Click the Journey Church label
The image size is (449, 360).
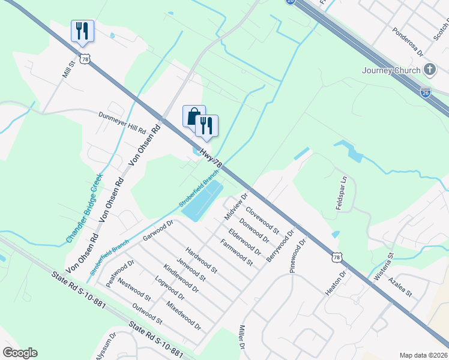click(391, 70)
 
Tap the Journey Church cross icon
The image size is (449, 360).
click(429, 70)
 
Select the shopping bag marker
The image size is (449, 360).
click(193, 115)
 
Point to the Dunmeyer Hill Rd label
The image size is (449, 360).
click(122, 121)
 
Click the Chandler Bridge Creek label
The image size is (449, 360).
click(85, 209)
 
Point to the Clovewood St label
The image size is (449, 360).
click(263, 220)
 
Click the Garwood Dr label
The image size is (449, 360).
click(158, 230)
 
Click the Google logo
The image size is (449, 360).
click(19, 353)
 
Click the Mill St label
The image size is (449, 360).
click(67, 70)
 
